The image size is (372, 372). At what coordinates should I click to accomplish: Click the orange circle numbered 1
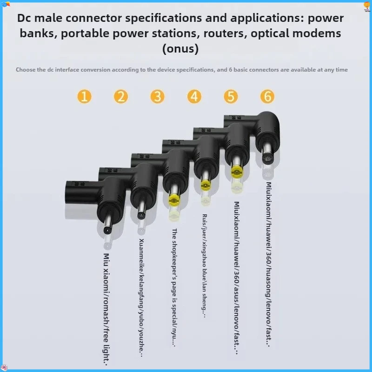(84, 97)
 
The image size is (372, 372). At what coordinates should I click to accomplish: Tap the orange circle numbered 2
(121, 97)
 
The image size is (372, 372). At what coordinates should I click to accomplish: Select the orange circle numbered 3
(158, 97)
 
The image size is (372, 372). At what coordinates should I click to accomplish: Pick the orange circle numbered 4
(194, 97)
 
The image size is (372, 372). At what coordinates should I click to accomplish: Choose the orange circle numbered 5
(231, 97)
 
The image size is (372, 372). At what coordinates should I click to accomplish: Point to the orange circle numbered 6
(267, 97)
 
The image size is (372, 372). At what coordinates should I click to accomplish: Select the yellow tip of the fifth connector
(237, 170)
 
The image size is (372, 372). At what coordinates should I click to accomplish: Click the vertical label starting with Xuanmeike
(141, 298)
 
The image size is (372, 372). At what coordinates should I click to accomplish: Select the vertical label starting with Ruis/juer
(205, 266)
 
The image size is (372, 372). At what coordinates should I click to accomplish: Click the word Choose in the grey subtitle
(27, 70)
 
